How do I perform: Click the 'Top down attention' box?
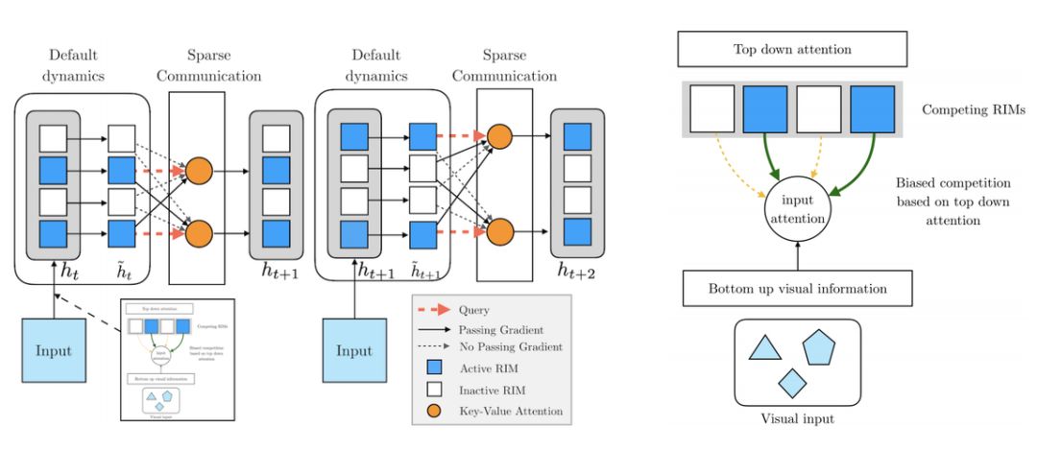coord(792,49)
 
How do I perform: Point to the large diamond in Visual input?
coord(791,383)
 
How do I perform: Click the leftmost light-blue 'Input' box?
coord(55,350)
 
